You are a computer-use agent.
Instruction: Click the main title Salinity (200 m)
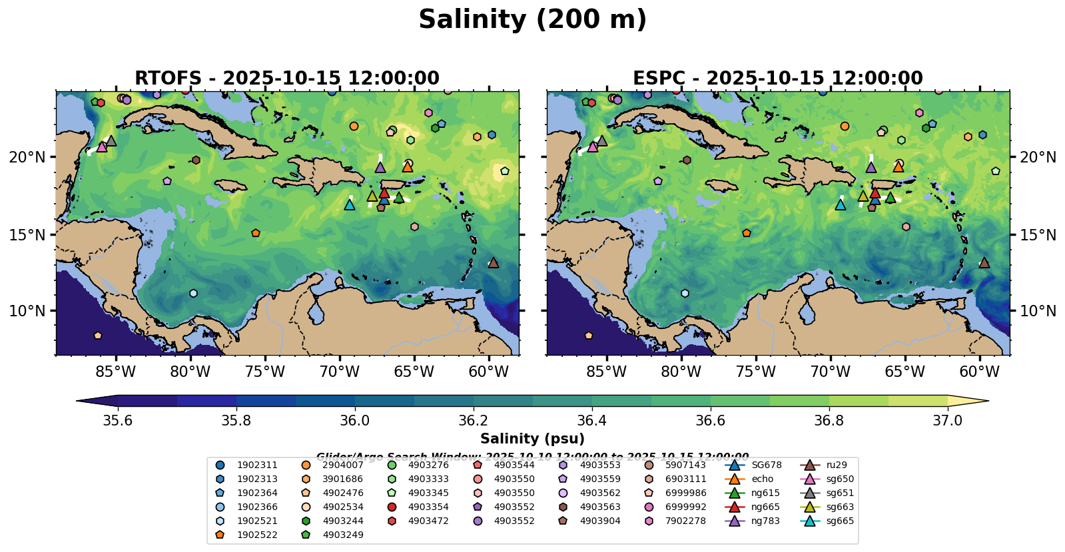click(532, 20)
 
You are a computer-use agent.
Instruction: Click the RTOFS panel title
click(287, 79)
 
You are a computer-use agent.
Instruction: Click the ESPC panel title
click(778, 79)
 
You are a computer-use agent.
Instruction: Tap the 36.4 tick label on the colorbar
click(592, 421)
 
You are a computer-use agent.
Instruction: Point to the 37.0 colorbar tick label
click(947, 421)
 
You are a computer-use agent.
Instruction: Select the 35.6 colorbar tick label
click(118, 421)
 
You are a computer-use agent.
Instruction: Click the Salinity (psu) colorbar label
click(532, 439)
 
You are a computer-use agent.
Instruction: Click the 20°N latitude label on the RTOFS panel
click(28, 157)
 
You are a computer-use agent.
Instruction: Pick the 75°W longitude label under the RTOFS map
click(265, 372)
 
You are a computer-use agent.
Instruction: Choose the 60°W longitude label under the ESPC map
click(980, 372)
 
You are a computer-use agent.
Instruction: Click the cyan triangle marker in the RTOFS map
click(350, 204)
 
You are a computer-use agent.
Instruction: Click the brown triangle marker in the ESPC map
click(984, 263)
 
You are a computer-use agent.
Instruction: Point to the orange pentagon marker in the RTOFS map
click(256, 233)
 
